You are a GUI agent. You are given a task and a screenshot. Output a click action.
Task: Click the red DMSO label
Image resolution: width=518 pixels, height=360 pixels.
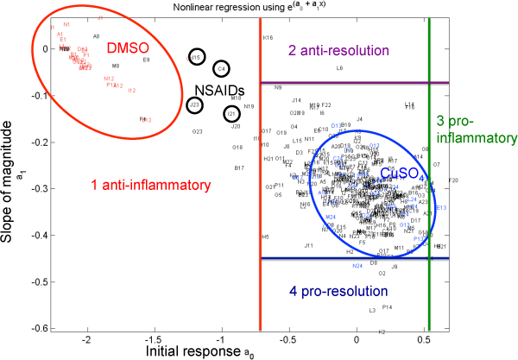(x=129, y=49)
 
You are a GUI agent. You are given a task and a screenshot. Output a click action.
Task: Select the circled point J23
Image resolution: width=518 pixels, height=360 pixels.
(x=195, y=105)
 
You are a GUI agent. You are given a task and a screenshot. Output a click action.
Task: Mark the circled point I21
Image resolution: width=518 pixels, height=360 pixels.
(x=231, y=113)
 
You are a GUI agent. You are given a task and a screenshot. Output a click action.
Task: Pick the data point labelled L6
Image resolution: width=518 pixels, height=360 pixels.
(x=339, y=67)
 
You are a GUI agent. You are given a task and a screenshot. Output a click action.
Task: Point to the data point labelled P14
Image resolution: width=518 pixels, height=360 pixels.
(x=387, y=306)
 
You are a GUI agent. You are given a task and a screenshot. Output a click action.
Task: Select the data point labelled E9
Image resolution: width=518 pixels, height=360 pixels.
(x=146, y=60)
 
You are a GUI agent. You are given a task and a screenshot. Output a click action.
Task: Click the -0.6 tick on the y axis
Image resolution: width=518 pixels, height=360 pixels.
(x=38, y=328)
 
